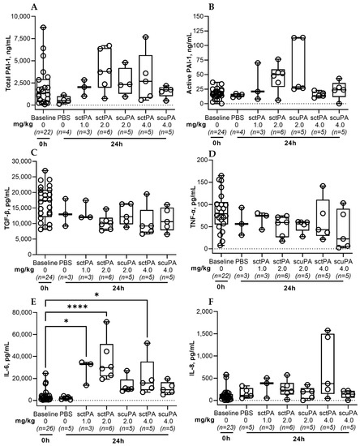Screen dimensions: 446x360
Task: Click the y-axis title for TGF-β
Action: tap(5, 203)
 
